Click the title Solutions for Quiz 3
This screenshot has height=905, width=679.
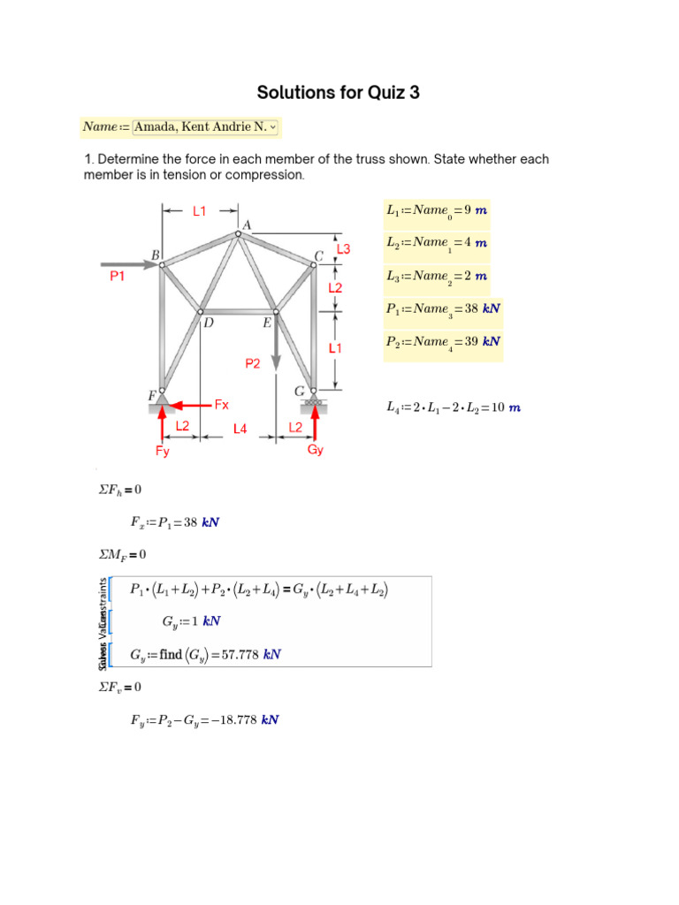pyautogui.click(x=338, y=93)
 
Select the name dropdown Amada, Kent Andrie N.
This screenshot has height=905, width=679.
pyautogui.click(x=205, y=127)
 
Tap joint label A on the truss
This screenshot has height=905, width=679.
pyautogui.click(x=247, y=225)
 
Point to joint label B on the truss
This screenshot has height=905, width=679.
pyautogui.click(x=156, y=255)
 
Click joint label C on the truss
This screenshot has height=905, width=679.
pyautogui.click(x=319, y=257)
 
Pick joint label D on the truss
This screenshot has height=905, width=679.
pyautogui.click(x=209, y=323)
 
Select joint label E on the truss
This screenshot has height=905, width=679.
pyautogui.click(x=266, y=323)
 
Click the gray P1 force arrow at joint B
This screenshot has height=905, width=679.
pyautogui.click(x=129, y=263)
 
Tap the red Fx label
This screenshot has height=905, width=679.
pyautogui.click(x=222, y=405)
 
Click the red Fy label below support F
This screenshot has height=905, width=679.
pyautogui.click(x=162, y=451)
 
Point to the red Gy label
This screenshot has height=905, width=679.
pyautogui.click(x=316, y=450)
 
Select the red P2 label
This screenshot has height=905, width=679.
pyautogui.click(x=253, y=363)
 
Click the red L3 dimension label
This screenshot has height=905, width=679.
pyautogui.click(x=343, y=249)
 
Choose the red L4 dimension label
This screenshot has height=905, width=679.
pyautogui.click(x=240, y=429)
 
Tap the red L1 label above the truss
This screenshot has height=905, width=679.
pyautogui.click(x=200, y=211)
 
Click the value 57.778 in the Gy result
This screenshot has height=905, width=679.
pyautogui.click(x=240, y=655)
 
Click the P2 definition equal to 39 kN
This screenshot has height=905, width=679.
pyautogui.click(x=443, y=342)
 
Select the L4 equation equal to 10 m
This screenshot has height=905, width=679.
pyautogui.click(x=453, y=407)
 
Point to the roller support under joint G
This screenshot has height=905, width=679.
pyautogui.click(x=314, y=405)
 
